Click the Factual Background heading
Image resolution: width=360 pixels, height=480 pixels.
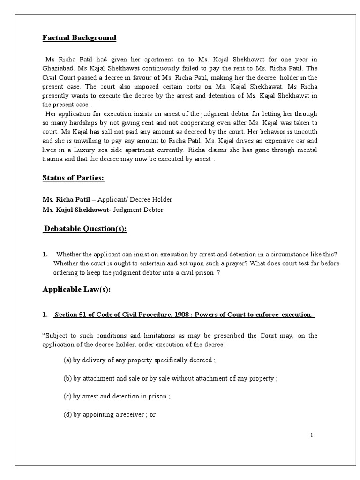(79, 37)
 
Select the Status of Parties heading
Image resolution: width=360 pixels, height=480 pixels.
(73, 178)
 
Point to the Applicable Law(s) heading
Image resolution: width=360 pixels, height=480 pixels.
(77, 289)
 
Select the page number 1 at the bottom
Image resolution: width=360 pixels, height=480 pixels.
(311, 435)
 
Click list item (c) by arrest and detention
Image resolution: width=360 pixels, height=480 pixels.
(117, 396)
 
